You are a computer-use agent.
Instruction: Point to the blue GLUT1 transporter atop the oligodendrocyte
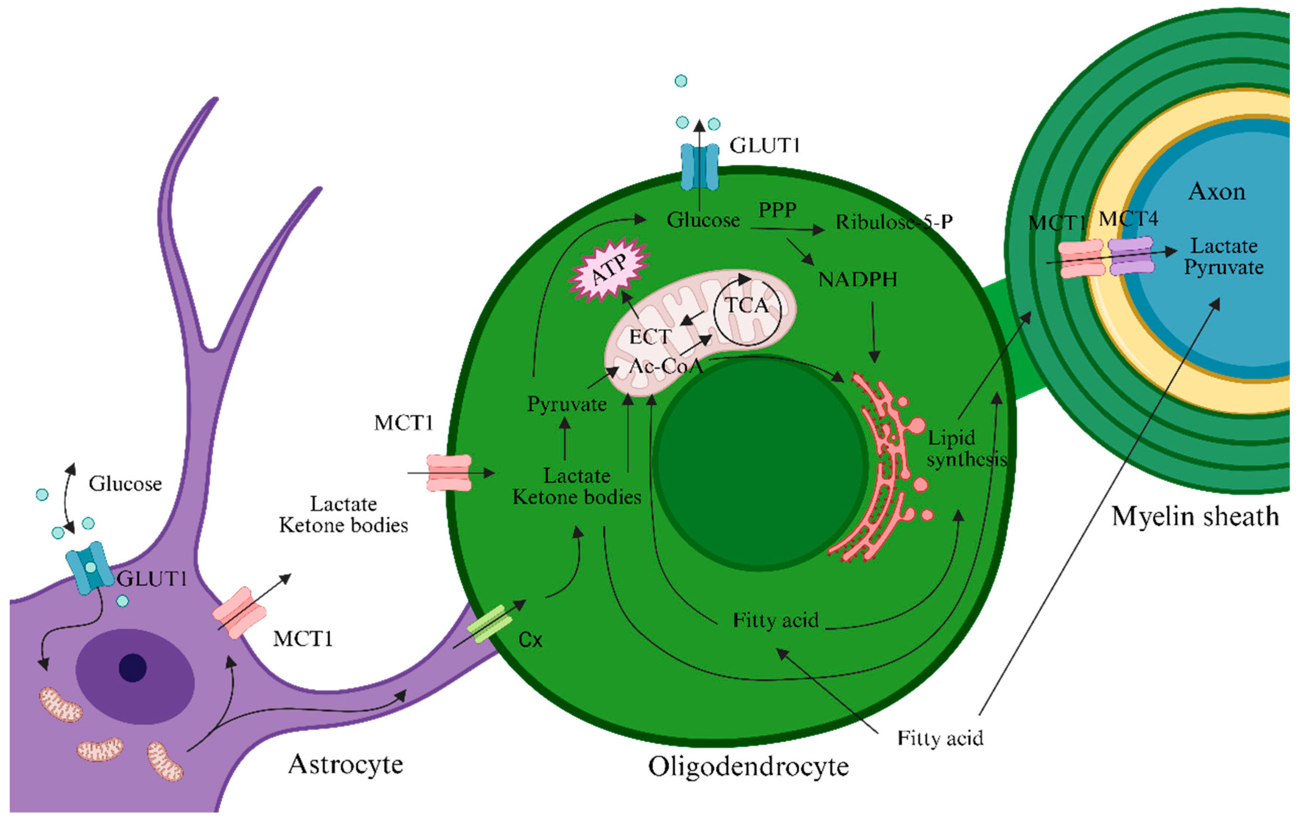tap(700, 167)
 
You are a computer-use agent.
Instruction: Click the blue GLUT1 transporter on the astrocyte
tap(89, 568)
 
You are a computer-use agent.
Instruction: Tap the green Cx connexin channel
tap(489, 624)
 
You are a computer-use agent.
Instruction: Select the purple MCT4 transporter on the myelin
tap(1131, 256)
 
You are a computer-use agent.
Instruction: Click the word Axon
tap(1217, 192)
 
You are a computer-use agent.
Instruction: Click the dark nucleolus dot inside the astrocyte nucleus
tap(133, 668)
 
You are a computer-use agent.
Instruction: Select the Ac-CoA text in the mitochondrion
tap(666, 366)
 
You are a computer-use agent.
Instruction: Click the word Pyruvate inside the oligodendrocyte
tap(567, 404)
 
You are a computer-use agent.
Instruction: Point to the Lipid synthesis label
tap(965, 448)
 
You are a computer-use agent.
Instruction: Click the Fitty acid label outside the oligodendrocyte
tap(940, 738)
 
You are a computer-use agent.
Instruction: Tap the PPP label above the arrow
tap(777, 209)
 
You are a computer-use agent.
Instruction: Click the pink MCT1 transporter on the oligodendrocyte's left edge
tap(449, 473)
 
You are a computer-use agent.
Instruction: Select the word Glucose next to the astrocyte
tap(125, 484)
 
